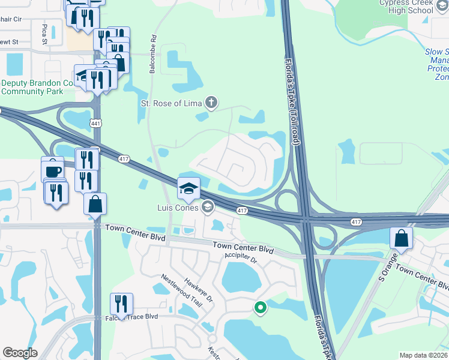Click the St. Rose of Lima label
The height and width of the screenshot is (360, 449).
click(x=170, y=103)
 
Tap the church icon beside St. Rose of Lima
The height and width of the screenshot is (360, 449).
click(x=211, y=103)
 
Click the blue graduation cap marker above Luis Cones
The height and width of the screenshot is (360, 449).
click(x=188, y=190)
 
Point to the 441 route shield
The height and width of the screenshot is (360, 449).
click(x=96, y=123)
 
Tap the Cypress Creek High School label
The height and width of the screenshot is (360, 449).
click(x=406, y=7)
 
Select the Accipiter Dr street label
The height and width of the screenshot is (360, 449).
click(x=241, y=259)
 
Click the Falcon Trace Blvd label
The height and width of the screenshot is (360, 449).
click(x=131, y=317)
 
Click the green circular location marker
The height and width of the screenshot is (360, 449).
click(x=260, y=308)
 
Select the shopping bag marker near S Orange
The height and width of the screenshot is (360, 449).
click(x=401, y=238)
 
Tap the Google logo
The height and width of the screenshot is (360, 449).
click(x=20, y=353)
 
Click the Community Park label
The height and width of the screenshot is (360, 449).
click(x=31, y=91)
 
